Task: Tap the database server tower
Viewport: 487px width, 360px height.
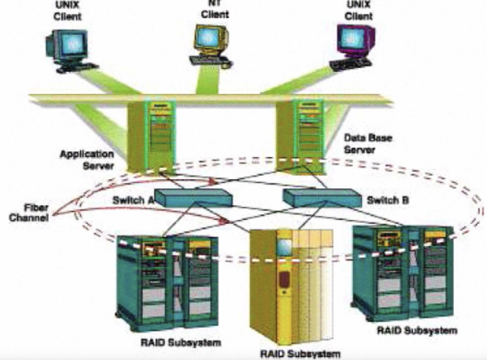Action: pos(301,134)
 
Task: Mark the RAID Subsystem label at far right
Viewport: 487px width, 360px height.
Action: pos(419,330)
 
